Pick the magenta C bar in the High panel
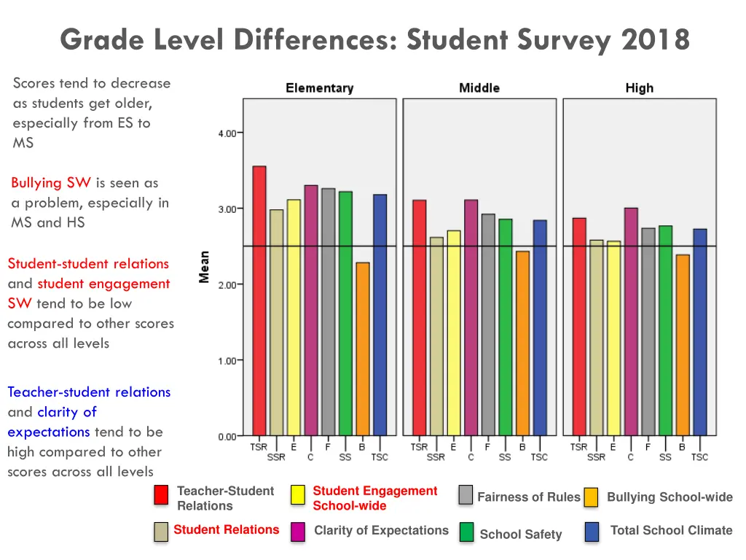[630, 322]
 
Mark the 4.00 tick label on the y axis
[227, 133]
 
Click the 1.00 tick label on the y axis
[227, 361]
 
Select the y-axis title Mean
[205, 267]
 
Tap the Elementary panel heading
[319, 88]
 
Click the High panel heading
[639, 88]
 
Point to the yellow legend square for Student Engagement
[298, 495]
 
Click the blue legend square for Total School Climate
[592, 532]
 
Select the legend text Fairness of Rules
[528, 497]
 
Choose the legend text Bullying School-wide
[670, 497]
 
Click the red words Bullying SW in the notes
[50, 182]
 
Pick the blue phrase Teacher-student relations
[89, 392]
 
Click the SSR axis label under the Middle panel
[436, 457]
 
